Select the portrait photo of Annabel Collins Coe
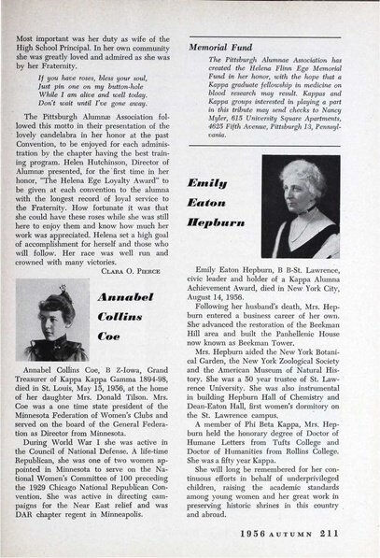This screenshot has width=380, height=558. (x=56, y=323)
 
